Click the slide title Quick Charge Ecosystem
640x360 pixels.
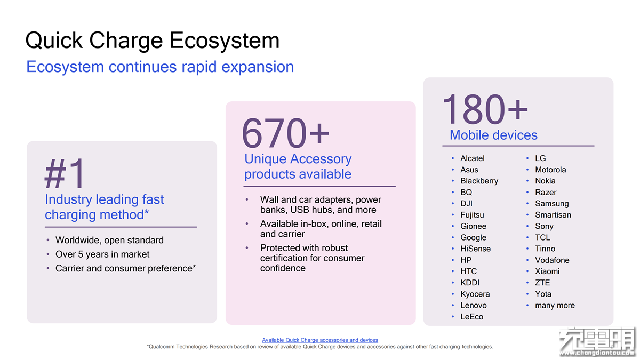[153, 41]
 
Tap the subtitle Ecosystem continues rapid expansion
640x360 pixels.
[160, 67]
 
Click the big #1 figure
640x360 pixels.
[65, 173]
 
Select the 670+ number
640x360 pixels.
[285, 133]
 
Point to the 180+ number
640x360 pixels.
[485, 109]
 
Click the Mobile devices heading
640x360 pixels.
[493, 135]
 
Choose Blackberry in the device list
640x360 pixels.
[479, 181]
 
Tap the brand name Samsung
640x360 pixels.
[551, 204]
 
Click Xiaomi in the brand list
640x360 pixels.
[547, 271]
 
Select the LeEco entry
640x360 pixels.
[471, 317]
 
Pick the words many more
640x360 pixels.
[555, 306]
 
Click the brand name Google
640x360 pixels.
[473, 238]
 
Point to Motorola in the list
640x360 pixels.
[550, 170]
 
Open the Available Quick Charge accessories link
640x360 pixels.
[320, 340]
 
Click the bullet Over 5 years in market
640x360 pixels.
[102, 254]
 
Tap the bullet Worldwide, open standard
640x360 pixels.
[109, 241]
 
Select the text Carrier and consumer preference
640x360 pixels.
[125, 269]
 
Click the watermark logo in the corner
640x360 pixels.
[598, 342]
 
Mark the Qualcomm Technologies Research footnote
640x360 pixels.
[320, 347]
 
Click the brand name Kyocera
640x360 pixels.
[475, 294]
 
